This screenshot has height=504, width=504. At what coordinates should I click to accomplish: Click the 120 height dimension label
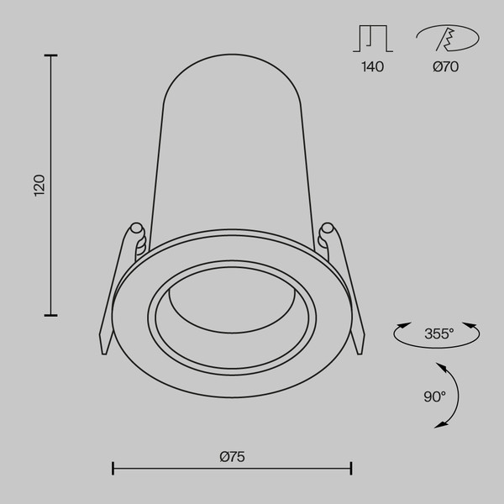coord(39,185)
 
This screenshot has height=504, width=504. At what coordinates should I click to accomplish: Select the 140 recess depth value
coord(372,67)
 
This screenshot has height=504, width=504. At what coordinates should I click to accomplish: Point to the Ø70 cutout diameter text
coord(446,67)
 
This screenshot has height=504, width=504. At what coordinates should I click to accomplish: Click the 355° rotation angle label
coord(438,333)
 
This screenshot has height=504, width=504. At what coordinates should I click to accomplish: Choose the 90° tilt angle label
coord(433,396)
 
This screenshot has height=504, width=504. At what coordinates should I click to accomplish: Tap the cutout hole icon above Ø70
coord(446,39)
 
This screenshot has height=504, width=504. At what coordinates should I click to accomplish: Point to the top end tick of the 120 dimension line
coord(51,56)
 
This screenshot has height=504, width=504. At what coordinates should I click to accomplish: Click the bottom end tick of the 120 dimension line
coord(51,314)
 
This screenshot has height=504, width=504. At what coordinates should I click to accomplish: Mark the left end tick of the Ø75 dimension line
coord(113,468)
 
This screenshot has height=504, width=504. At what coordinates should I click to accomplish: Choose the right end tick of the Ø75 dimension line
coord(351,468)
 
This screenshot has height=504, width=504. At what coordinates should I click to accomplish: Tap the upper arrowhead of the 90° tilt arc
coord(440,365)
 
